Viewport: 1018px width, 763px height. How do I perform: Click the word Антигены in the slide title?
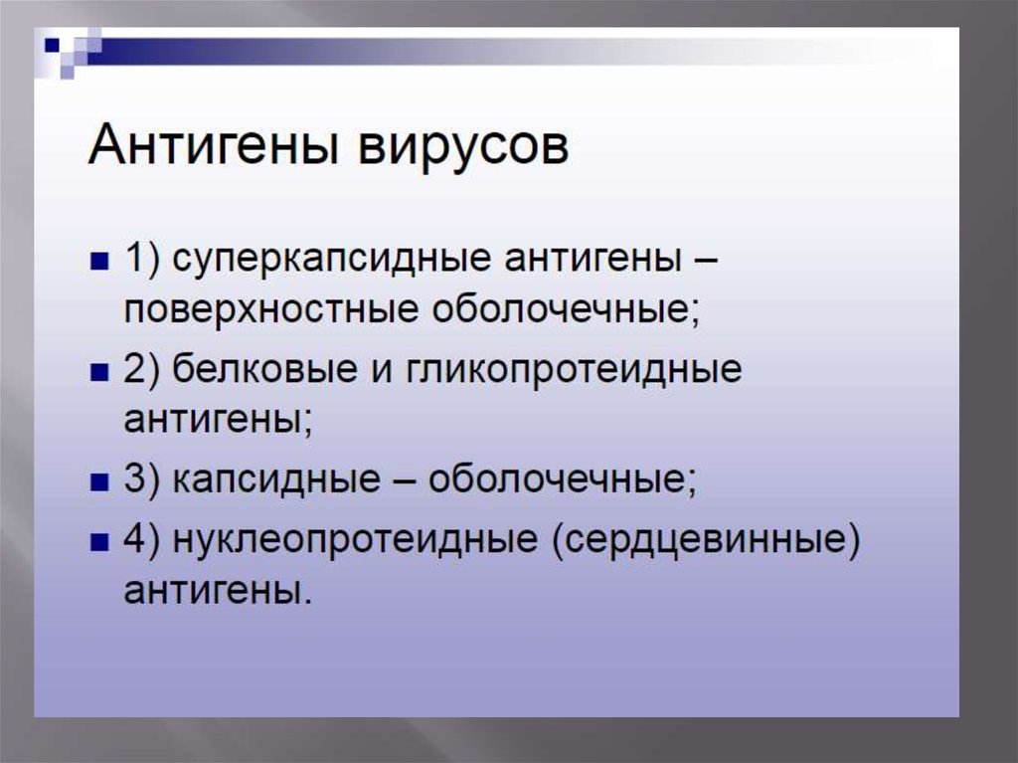click(x=214, y=144)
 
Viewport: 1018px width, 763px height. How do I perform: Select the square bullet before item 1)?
click(x=99, y=262)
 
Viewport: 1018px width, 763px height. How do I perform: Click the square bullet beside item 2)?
click(x=99, y=372)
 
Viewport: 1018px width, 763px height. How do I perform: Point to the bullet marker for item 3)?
click(x=99, y=482)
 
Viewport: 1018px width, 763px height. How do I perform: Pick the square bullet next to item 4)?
click(x=99, y=541)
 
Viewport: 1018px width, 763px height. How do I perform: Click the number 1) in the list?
click(x=141, y=259)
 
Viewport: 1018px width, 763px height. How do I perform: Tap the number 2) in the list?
click(x=141, y=370)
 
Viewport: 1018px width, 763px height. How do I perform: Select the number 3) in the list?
click(x=141, y=479)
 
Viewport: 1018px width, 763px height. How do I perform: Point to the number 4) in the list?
click(x=141, y=539)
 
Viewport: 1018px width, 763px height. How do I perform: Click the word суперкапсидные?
click(x=331, y=260)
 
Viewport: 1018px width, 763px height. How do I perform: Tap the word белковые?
click(x=264, y=369)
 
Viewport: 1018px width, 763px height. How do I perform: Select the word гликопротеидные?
click(x=574, y=370)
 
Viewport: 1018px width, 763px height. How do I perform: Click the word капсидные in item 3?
click(x=276, y=480)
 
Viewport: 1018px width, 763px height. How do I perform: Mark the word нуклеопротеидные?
click(x=355, y=541)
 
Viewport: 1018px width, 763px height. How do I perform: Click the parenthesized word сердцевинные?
click(x=707, y=541)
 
